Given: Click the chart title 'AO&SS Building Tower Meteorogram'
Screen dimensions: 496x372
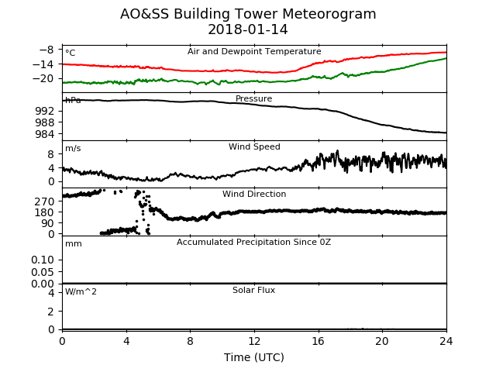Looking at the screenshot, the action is [x=248, y=14].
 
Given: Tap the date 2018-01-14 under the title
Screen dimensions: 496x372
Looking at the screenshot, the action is [x=248, y=29].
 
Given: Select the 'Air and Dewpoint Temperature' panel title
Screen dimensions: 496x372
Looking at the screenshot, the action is [x=254, y=52].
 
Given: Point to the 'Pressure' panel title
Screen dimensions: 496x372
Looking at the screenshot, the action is [x=254, y=98].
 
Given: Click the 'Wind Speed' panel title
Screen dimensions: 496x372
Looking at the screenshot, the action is [x=254, y=146].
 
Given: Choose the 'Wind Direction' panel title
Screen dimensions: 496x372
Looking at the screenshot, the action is [x=254, y=194].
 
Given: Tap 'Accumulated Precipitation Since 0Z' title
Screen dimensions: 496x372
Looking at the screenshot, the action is [x=253, y=243].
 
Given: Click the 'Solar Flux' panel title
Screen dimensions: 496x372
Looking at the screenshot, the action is [x=253, y=290].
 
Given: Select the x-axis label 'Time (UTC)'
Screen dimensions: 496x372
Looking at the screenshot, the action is [x=254, y=357].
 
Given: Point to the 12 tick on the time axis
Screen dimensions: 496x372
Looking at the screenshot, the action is [x=254, y=341].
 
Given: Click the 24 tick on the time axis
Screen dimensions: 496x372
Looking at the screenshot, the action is [x=446, y=341].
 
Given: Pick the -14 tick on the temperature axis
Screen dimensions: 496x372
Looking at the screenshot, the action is [x=43, y=64].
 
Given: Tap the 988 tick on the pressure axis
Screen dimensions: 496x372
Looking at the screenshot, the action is [x=45, y=122].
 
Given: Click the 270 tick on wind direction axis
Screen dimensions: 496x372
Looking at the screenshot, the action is [x=45, y=201].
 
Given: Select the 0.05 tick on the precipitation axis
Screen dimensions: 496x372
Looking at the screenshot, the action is [x=43, y=272].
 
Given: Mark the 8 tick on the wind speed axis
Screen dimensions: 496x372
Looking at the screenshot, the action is [x=51, y=154].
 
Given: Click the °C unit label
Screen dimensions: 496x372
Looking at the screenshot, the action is [x=71, y=53].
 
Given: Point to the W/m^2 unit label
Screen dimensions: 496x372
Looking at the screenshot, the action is [x=81, y=291].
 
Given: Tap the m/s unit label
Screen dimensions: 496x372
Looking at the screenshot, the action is [x=73, y=148].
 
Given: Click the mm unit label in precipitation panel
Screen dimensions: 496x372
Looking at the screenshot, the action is [x=74, y=244].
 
